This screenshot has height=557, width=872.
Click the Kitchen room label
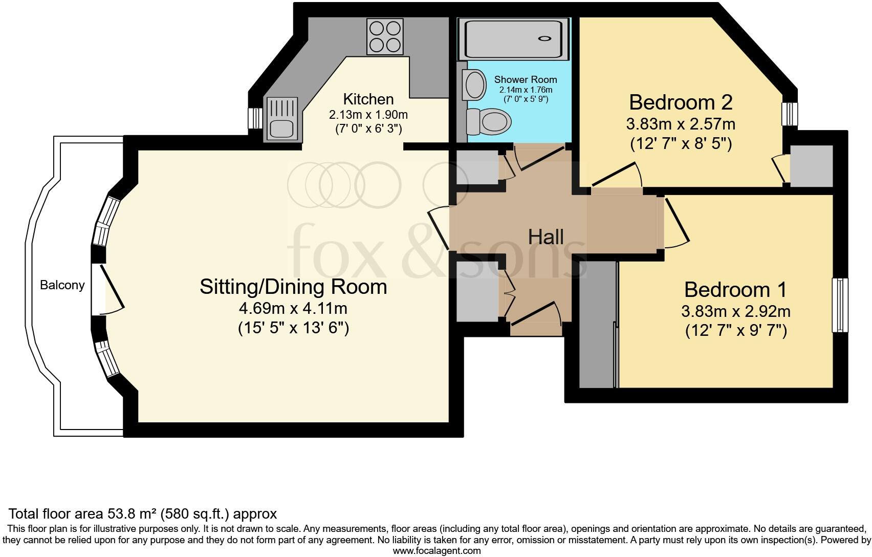368,99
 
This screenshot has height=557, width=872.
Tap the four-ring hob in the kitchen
384,36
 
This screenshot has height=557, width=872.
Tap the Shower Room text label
525,80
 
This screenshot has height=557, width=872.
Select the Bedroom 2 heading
681,102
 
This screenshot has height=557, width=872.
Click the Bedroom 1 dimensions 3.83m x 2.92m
735,311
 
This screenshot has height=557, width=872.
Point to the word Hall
546,237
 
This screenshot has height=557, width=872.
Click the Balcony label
62,285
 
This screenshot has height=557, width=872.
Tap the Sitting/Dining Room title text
293,287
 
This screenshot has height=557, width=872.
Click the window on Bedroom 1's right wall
840,305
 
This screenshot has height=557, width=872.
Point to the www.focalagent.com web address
437,551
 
